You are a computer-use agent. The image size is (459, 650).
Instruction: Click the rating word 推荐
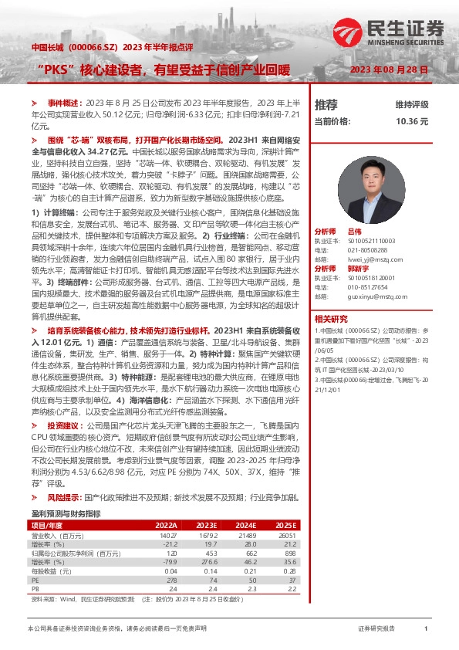326,104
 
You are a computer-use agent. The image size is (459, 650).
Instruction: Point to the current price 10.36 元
411,121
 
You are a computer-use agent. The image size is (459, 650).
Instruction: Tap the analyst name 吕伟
354,231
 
